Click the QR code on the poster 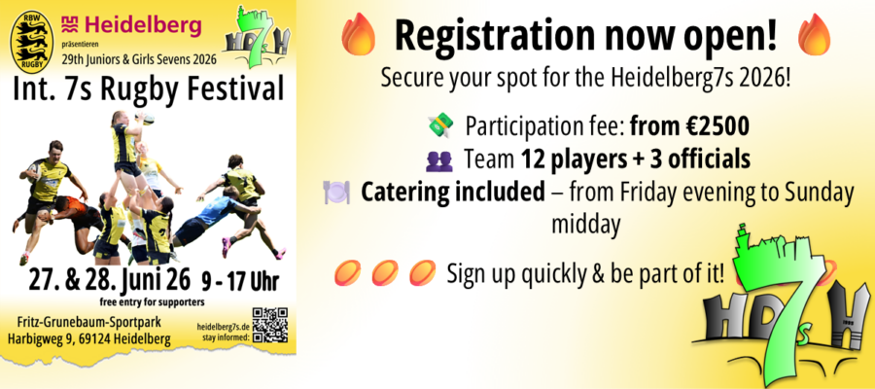click(270, 325)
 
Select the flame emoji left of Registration click(360, 35)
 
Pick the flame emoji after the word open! click(814, 35)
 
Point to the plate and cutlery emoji click(336, 193)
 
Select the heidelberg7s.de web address click(224, 327)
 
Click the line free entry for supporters click(151, 302)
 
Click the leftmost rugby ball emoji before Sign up click(346, 273)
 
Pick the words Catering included click(452, 193)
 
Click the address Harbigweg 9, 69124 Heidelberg click(89, 338)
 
